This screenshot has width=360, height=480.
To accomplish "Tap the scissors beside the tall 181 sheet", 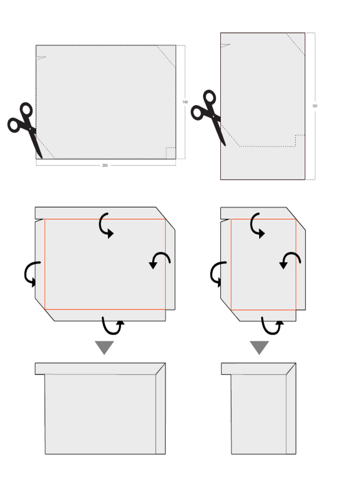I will [x=209, y=115].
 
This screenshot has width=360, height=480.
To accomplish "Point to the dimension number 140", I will [x=185, y=102].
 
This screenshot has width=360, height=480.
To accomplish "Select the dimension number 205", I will [x=105, y=165].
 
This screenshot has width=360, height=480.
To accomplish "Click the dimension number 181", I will [x=315, y=106].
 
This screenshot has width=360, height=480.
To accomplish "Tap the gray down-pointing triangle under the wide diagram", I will [x=105, y=347].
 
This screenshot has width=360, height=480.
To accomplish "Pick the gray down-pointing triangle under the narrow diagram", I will [x=259, y=347].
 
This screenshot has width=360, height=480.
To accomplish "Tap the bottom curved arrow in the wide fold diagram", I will [x=113, y=326].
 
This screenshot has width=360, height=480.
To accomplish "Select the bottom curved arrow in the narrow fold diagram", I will [x=272, y=326].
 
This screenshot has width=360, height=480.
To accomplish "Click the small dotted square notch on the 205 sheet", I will [x=171, y=153].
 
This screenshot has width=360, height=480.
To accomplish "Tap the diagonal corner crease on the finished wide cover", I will [x=160, y=368].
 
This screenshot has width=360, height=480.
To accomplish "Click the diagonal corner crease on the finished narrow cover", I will [x=291, y=368].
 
